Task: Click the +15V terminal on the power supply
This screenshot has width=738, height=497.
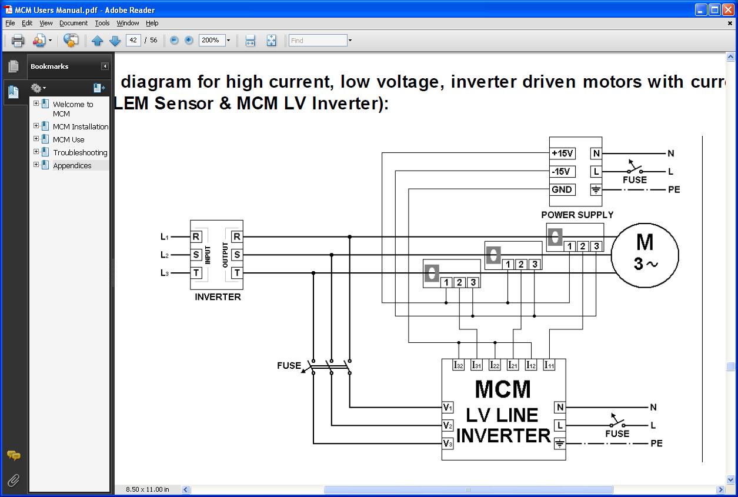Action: click(x=562, y=154)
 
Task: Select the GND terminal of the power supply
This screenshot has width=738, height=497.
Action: click(x=562, y=190)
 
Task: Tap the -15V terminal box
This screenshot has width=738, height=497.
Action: click(x=562, y=172)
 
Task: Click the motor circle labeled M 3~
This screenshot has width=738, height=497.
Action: click(x=645, y=255)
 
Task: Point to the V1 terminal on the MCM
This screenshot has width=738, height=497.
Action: click(x=448, y=407)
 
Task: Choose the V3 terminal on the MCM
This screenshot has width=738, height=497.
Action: click(x=448, y=443)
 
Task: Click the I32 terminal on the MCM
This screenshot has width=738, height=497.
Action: click(x=459, y=365)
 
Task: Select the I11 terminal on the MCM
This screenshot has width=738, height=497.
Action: click(x=549, y=365)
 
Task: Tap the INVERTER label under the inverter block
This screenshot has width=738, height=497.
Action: click(x=218, y=297)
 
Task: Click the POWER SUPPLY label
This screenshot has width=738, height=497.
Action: click(x=577, y=215)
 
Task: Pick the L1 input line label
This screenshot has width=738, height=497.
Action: click(x=165, y=236)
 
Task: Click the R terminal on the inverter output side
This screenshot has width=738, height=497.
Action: click(x=236, y=236)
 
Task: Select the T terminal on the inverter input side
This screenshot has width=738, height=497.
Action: click(x=196, y=273)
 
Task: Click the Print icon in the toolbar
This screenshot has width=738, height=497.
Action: click(x=18, y=41)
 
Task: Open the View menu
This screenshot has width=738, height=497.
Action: click(x=46, y=23)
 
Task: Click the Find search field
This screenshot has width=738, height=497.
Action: click(x=318, y=41)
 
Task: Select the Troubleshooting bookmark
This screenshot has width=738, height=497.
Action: click(x=80, y=152)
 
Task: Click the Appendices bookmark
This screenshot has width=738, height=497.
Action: click(x=72, y=165)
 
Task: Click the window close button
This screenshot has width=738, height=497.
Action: click(x=727, y=9)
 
